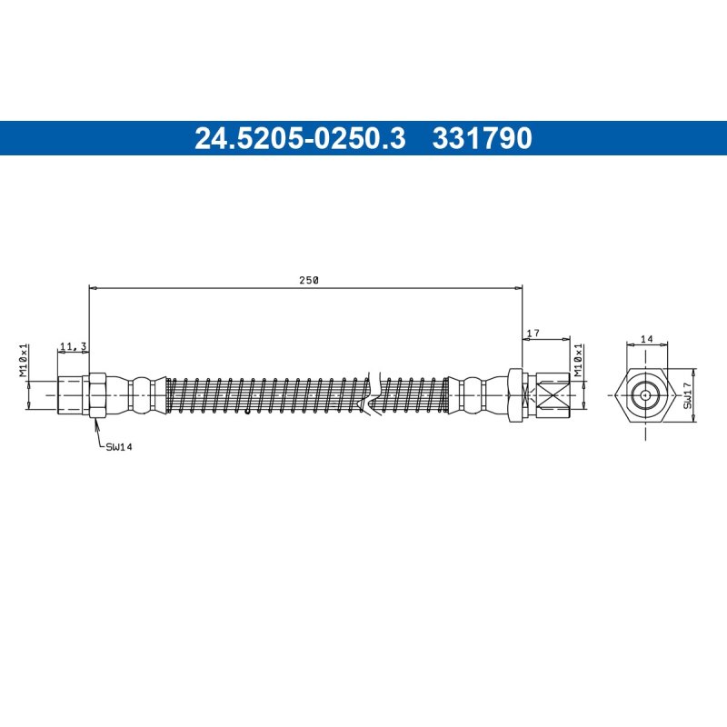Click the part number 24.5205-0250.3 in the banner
(x=300, y=138)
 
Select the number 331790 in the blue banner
(x=482, y=138)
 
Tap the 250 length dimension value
(x=309, y=280)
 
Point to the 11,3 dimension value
(x=74, y=346)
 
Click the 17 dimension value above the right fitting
(x=533, y=333)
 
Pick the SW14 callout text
(x=119, y=447)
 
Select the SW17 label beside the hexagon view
(x=687, y=395)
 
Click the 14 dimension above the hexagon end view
(x=647, y=339)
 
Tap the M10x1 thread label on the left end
(x=24, y=360)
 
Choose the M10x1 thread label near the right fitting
(x=578, y=360)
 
